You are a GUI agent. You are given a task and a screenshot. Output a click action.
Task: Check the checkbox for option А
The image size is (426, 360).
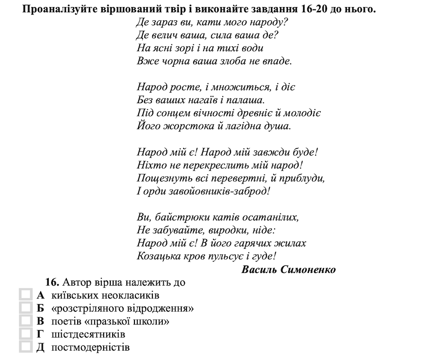click(x=25, y=296)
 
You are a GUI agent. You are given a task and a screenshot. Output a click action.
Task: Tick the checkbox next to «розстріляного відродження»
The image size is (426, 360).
click(x=25, y=308)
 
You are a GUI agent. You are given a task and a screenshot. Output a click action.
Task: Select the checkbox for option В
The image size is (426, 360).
click(x=25, y=322)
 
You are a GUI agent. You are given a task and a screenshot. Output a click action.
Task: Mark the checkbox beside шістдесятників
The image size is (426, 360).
click(x=25, y=334)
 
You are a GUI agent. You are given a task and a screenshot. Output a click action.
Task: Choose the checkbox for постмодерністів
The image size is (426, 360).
click(x=25, y=348)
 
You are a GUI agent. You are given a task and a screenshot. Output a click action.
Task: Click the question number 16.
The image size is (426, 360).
click(x=52, y=282)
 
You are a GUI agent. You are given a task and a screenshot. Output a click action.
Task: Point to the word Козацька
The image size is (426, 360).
click(x=157, y=256)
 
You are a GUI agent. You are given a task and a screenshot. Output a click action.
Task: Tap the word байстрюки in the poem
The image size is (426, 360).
click(x=173, y=218)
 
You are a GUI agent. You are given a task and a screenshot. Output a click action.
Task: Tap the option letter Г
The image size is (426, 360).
click(x=40, y=334)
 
